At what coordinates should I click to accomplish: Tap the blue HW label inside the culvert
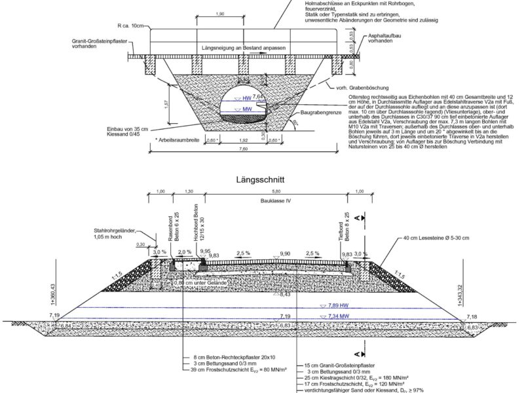[x=246, y=98]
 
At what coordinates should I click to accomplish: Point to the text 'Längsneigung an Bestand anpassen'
[x=244, y=49]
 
